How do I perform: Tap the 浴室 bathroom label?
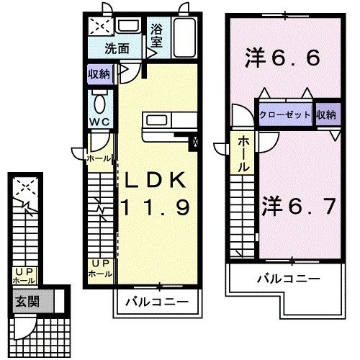[156, 35]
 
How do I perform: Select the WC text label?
[99, 122]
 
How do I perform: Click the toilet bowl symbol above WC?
[99, 100]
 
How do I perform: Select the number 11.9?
[155, 209]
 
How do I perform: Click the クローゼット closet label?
[287, 114]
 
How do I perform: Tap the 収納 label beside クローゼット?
[326, 114]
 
